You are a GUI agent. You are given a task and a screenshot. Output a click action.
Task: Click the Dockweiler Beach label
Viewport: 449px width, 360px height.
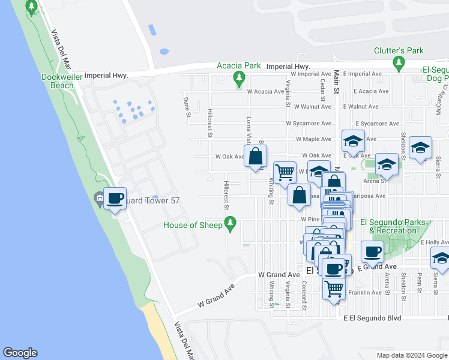58,81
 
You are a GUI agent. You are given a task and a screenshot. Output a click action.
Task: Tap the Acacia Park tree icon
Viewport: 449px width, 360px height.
240,77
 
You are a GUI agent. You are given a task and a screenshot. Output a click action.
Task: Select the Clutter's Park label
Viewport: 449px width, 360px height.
398,51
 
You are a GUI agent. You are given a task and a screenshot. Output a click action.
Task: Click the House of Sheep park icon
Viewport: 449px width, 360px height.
229,224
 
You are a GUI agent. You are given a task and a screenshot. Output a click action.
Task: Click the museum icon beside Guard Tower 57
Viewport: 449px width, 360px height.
99,197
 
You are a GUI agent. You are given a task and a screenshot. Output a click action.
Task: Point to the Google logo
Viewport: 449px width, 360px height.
20,353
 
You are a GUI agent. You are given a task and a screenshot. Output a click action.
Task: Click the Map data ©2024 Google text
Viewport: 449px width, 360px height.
411,355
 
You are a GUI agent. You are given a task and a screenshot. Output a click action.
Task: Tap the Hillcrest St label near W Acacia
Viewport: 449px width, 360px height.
210,122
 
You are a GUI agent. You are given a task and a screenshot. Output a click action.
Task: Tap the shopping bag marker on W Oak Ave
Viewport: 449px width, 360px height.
256,157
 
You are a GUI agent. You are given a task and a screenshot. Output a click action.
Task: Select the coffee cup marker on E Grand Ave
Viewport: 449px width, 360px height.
372,252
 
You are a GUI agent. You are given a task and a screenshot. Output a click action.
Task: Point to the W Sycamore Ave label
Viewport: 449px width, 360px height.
309,124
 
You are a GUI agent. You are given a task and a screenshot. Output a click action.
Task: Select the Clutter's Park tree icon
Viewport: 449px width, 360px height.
398,62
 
